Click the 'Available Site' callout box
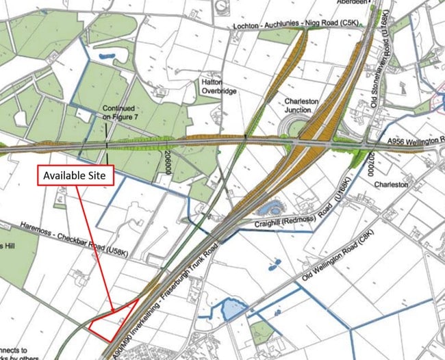(x=75, y=175)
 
